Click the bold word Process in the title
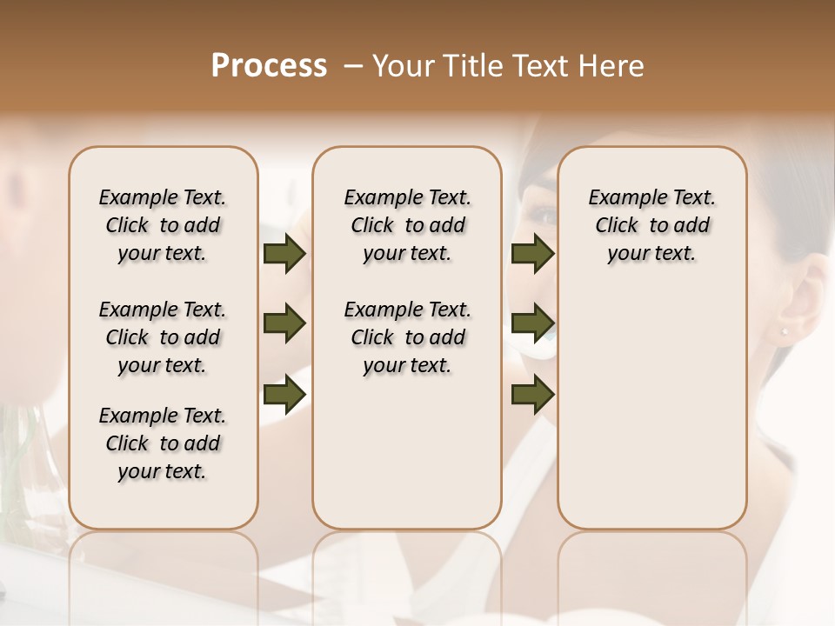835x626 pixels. click(x=269, y=66)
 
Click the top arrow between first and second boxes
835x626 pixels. click(x=284, y=254)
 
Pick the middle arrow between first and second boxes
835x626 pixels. click(x=284, y=324)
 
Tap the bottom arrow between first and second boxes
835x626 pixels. click(x=284, y=394)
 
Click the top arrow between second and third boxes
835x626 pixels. click(x=532, y=254)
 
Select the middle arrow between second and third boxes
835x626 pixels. click(x=532, y=324)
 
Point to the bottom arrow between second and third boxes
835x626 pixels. click(x=532, y=394)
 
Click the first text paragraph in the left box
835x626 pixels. click(x=163, y=225)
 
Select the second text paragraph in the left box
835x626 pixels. click(x=163, y=337)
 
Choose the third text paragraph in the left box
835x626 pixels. click(x=163, y=443)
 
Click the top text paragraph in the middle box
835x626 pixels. click(x=407, y=225)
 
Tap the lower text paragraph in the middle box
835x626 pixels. click(x=407, y=337)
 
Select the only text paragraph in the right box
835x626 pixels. click(x=651, y=225)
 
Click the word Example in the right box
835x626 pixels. click(x=624, y=198)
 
